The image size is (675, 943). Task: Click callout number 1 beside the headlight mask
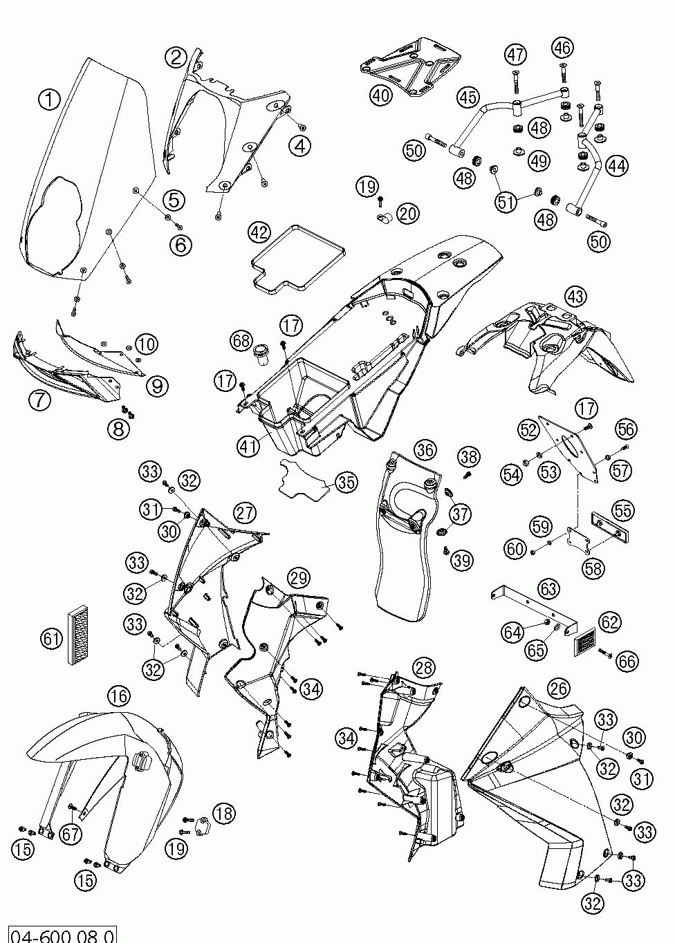coord(49,100)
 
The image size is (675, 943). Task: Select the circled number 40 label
coord(381,95)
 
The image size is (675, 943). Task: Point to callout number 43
coord(575,296)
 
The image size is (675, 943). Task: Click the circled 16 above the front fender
coord(119,696)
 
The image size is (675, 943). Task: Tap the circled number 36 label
coord(425,450)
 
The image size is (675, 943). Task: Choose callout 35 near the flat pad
coord(346,483)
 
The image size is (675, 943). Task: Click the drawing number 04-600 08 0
coord(62,936)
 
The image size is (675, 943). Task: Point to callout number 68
coord(241,341)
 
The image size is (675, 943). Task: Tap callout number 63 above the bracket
coord(548,588)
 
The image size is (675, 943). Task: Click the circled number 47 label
coord(516,55)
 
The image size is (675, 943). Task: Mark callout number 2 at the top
coord(176,57)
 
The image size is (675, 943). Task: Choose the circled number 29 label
coord(299,578)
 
